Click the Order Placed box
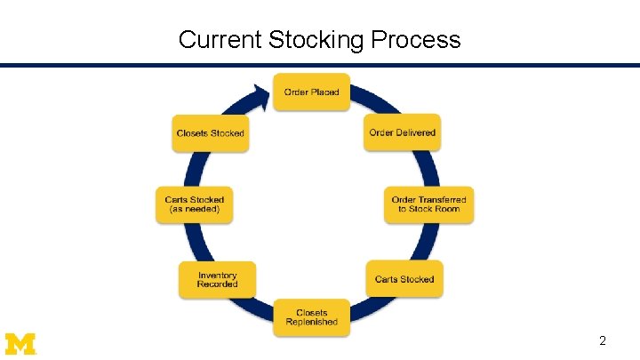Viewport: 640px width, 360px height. click(311, 92)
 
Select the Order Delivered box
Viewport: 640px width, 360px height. click(403, 133)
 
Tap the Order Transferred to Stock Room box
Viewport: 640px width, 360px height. click(428, 204)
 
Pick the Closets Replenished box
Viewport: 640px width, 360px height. click(311, 317)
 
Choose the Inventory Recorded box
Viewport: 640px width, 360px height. click(218, 280)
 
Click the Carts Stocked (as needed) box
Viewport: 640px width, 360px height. click(195, 204)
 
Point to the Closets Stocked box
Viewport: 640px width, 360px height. click(210, 133)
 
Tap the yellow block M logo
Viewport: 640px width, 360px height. click(20, 343)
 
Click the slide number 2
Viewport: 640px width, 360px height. click(603, 341)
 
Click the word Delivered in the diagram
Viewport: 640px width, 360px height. click(417, 133)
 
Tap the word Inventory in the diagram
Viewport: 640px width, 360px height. click(218, 276)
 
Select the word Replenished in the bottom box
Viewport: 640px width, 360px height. click(311, 322)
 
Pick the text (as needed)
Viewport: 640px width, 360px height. click(195, 210)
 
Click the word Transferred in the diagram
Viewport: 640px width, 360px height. click(442, 200)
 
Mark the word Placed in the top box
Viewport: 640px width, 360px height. click(324, 92)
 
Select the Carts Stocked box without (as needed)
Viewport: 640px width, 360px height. click(404, 279)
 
